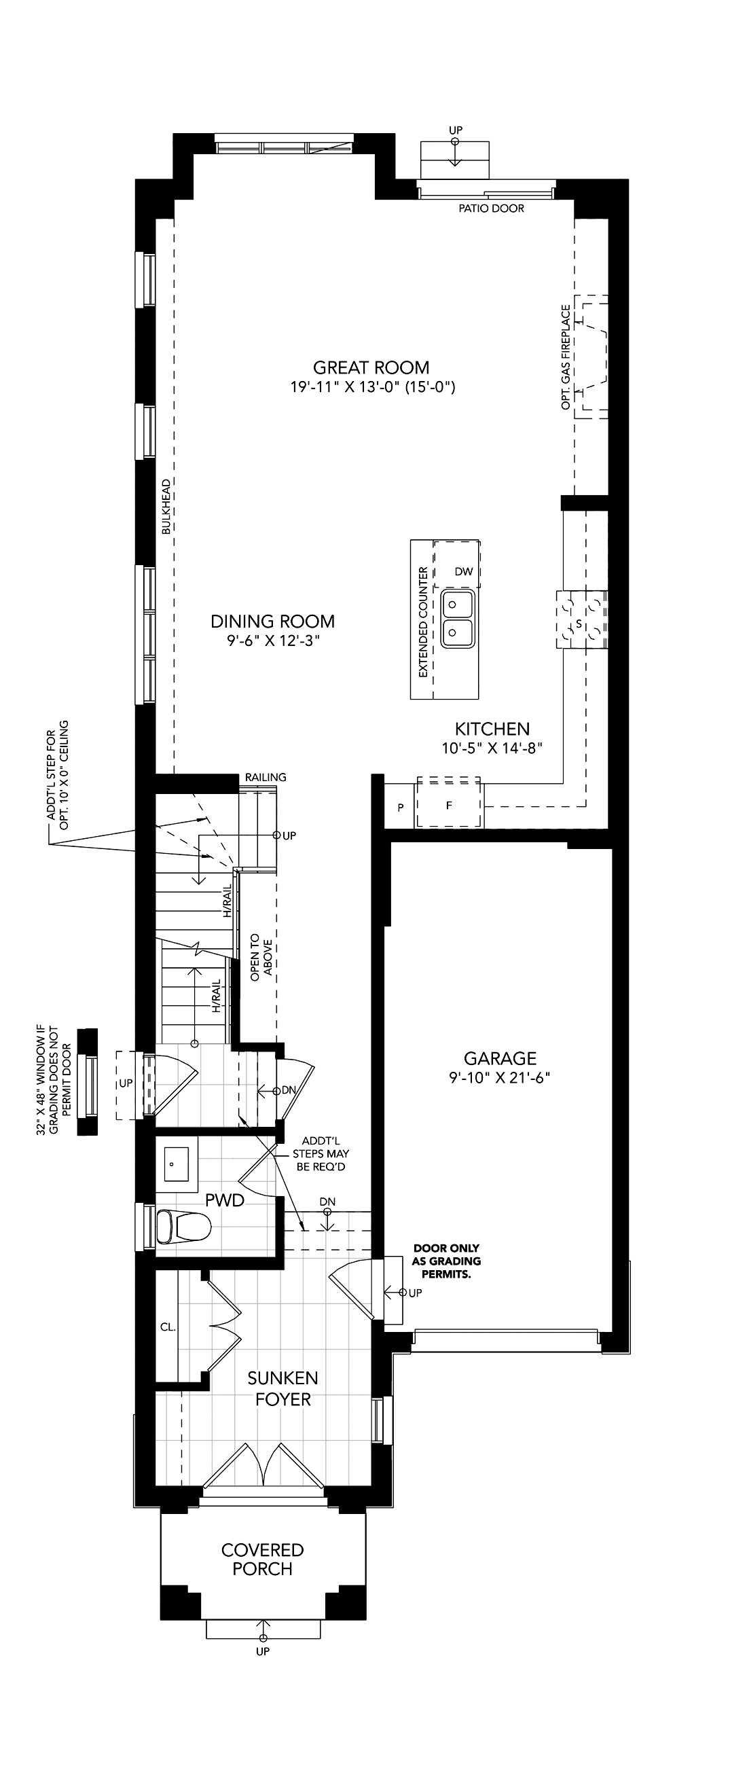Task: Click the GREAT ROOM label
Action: click(x=371, y=367)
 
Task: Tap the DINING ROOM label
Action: click(x=273, y=621)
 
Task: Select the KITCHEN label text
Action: click(x=493, y=729)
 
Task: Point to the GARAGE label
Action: click(x=500, y=1058)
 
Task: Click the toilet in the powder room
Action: click(x=183, y=1227)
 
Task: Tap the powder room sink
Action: click(x=177, y=1164)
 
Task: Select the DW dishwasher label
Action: click(x=464, y=572)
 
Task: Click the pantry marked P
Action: click(x=401, y=808)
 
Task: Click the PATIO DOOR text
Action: click(x=492, y=209)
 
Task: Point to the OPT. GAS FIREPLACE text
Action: click(x=566, y=358)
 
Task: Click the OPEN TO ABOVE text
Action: click(x=261, y=956)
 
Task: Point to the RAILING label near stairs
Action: click(x=266, y=777)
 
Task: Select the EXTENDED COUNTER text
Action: click(x=423, y=621)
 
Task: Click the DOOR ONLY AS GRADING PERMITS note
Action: click(x=446, y=1261)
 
